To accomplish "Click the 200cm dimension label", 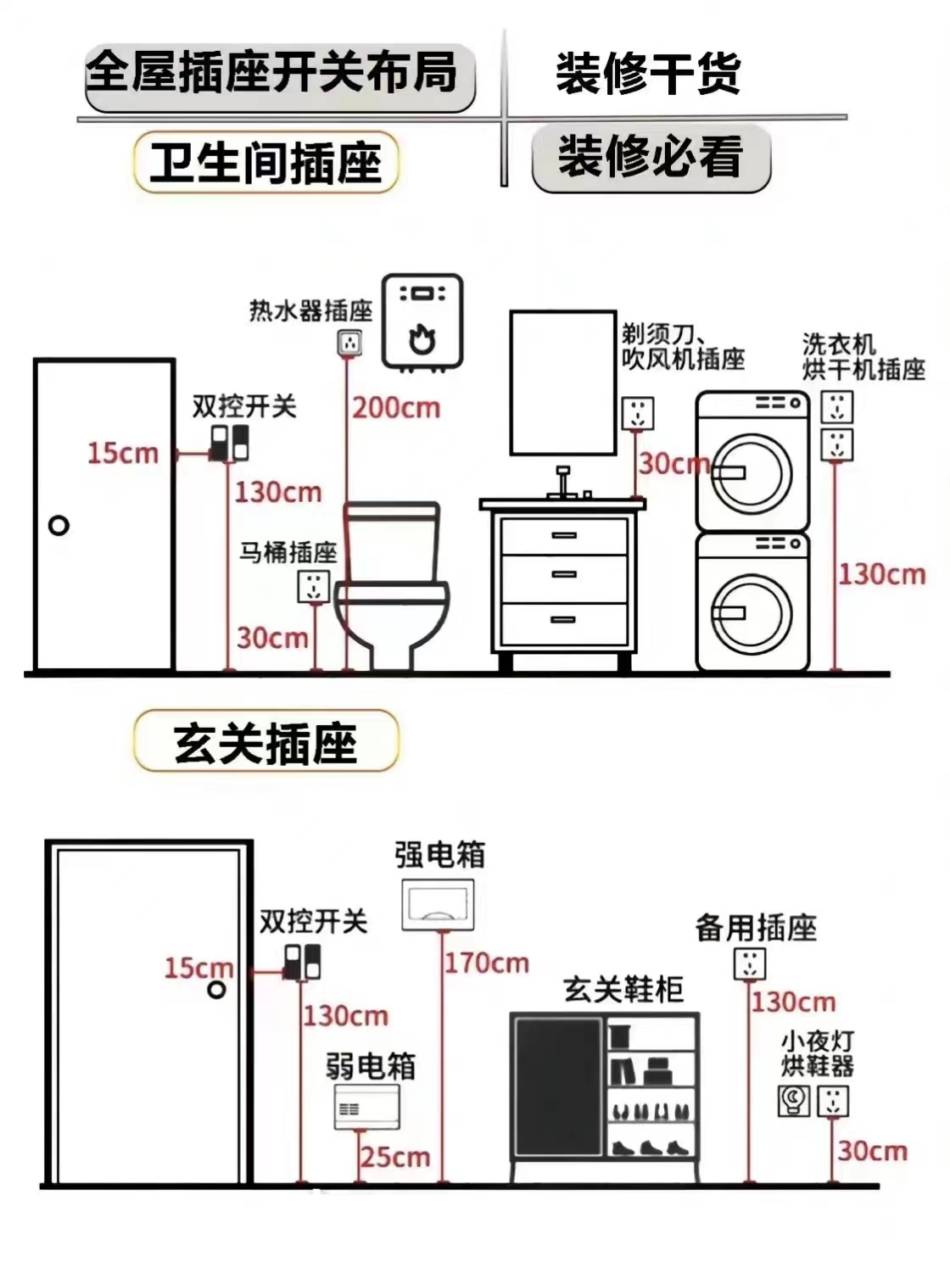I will pyautogui.click(x=396, y=408).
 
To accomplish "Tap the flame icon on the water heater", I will pyautogui.click(x=422, y=338).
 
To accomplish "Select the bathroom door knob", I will pyautogui.click(x=59, y=526).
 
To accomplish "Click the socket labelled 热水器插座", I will pyautogui.click(x=349, y=343).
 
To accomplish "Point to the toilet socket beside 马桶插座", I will pyautogui.click(x=313, y=586).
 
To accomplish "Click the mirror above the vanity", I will pyautogui.click(x=562, y=383).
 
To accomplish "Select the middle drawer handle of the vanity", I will pyautogui.click(x=564, y=574).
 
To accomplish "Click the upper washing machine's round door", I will pyautogui.click(x=751, y=472).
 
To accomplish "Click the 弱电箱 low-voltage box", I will pyautogui.click(x=366, y=1107).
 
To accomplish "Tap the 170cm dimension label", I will pyautogui.click(x=487, y=963).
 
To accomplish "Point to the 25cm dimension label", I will pyautogui.click(x=395, y=1157).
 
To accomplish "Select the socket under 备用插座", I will pyautogui.click(x=749, y=963).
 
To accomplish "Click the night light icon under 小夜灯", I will pyautogui.click(x=794, y=1100).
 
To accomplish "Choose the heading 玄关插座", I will pyautogui.click(x=265, y=743).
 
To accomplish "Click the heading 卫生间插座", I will pyautogui.click(x=265, y=162).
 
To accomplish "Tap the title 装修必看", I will pyautogui.click(x=651, y=158).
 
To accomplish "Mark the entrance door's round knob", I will pyautogui.click(x=217, y=989).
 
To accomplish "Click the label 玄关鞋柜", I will pyautogui.click(x=623, y=989).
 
